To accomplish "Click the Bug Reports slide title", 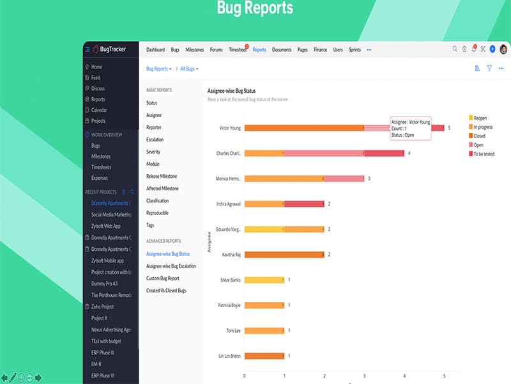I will click(x=255, y=8).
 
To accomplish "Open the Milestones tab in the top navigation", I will click(x=195, y=50).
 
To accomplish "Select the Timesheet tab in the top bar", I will click(x=238, y=50).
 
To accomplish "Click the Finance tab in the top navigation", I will click(x=320, y=50).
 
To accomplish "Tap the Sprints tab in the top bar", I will click(x=355, y=50).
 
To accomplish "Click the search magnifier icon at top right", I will click(x=455, y=49).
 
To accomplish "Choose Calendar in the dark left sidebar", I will click(x=99, y=110).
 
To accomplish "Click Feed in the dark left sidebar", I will click(x=96, y=77).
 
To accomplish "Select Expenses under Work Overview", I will click(x=100, y=178).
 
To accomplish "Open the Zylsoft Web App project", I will click(x=106, y=226).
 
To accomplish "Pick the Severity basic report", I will click(x=153, y=152).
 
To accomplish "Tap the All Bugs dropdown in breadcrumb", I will click(x=189, y=68).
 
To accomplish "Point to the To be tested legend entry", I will click(x=483, y=154).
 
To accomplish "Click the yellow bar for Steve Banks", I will click(x=264, y=280).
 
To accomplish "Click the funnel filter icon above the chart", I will click(x=489, y=68).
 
